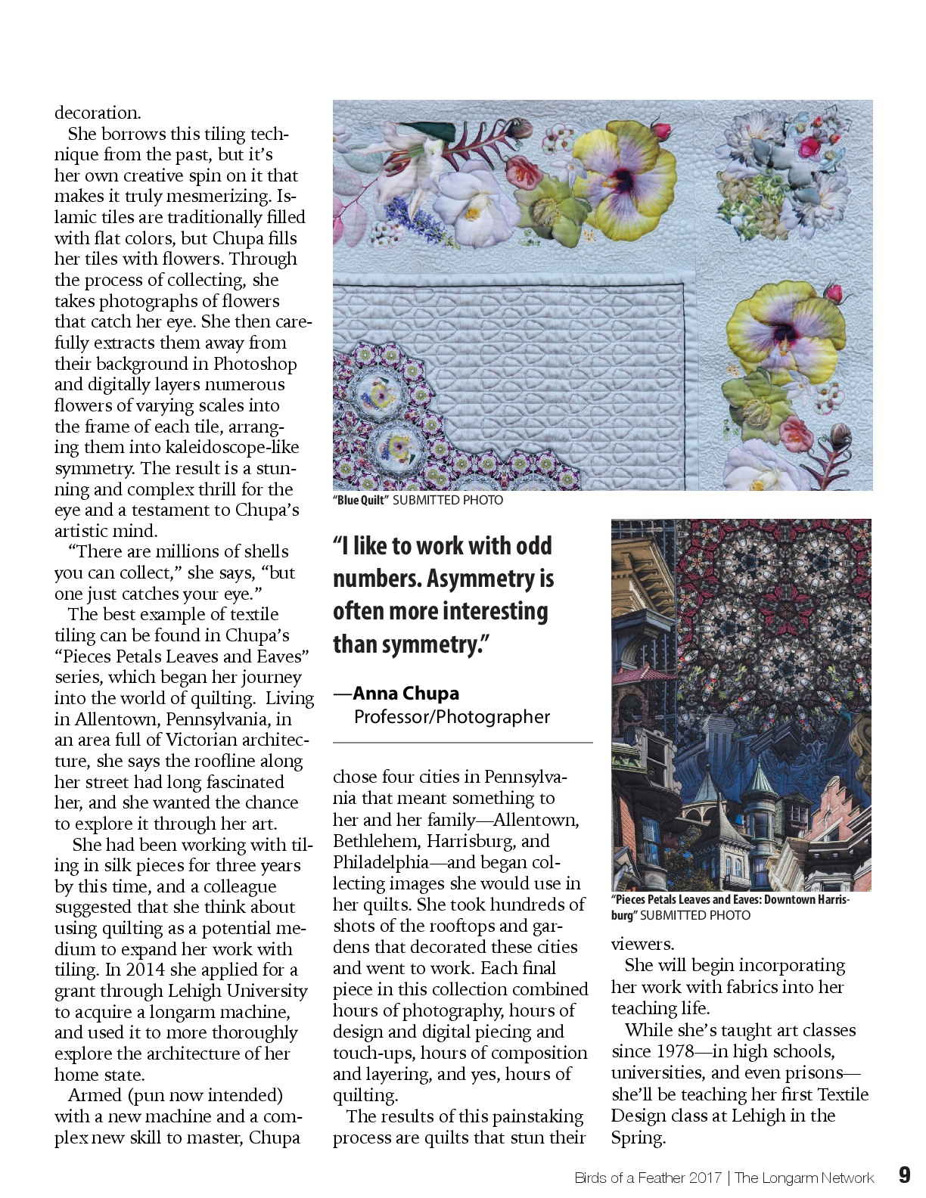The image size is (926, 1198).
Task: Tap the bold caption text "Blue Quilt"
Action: (361, 500)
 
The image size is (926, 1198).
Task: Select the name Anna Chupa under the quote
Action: (406, 693)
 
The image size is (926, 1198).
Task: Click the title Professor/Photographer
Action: (452, 716)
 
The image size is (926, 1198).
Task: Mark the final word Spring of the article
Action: (637, 1137)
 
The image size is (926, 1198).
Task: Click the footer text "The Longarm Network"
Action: (803, 1178)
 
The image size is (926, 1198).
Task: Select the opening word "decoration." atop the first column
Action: (98, 113)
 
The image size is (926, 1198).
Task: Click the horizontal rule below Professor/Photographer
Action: (462, 743)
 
